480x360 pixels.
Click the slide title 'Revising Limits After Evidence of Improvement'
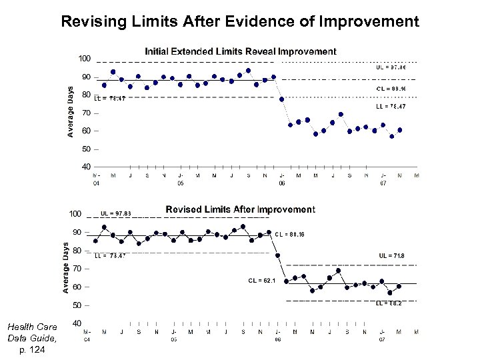240,21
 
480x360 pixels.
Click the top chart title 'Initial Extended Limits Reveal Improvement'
241,51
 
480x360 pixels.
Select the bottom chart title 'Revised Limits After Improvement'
240,209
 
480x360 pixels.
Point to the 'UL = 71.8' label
391,255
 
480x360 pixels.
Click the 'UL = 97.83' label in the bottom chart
116,213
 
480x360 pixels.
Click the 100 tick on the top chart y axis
85,59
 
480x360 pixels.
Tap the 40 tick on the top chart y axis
86,166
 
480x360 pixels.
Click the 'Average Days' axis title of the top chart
71,112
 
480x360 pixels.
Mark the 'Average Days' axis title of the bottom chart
66,267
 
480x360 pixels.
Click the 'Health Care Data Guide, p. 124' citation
32,338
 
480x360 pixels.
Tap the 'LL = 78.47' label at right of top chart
391,106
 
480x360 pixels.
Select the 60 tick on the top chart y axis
86,131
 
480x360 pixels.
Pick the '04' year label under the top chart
96,182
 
